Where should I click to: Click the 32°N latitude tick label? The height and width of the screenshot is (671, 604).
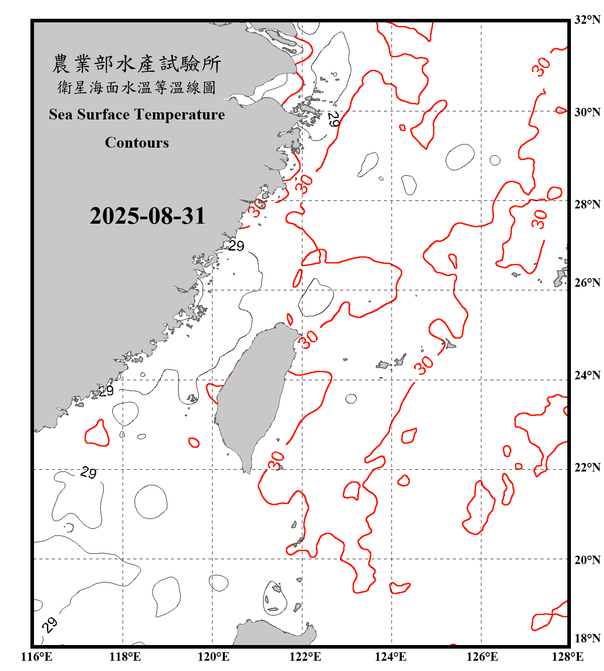click(x=587, y=20)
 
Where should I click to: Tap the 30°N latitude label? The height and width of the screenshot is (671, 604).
click(x=587, y=112)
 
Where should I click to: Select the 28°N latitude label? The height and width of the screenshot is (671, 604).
click(x=587, y=204)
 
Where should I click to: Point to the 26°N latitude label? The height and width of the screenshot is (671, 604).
click(x=587, y=283)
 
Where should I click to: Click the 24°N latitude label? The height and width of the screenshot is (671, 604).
click(x=587, y=375)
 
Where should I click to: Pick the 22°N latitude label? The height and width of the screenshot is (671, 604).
click(x=587, y=467)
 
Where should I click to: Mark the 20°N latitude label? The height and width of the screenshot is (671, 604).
click(x=587, y=560)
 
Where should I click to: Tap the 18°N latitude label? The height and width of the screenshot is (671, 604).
click(x=587, y=638)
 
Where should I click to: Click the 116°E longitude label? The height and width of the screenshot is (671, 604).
click(x=37, y=657)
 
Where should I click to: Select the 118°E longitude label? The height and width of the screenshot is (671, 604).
click(x=125, y=657)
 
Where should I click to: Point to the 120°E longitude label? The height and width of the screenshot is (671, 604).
click(x=213, y=657)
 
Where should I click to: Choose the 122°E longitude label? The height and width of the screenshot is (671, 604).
click(x=305, y=657)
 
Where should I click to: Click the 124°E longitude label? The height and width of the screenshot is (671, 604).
click(x=391, y=657)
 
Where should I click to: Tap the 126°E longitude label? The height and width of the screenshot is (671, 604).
click(x=482, y=657)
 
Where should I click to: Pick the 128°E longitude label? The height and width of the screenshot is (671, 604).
click(x=568, y=657)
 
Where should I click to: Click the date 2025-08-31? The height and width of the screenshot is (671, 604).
click(x=147, y=216)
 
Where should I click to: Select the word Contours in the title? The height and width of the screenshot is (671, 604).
click(x=137, y=143)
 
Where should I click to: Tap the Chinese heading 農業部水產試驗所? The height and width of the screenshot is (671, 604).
click(x=136, y=64)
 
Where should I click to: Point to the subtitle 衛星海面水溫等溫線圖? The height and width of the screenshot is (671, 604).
click(x=136, y=87)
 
